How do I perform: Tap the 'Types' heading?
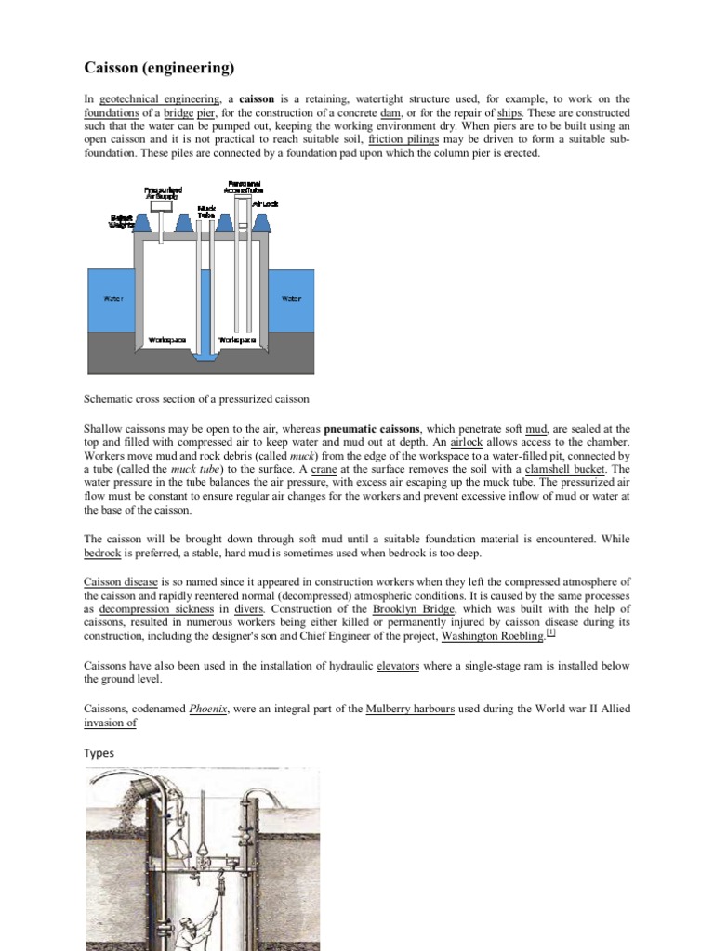(x=99, y=752)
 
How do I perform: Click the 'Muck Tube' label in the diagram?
(x=206, y=211)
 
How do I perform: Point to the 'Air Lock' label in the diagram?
(x=265, y=204)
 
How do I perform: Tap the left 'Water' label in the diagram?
(x=112, y=299)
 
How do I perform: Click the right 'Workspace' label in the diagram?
(x=236, y=340)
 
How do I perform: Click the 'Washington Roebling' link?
(x=493, y=636)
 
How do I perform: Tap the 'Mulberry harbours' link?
(x=410, y=709)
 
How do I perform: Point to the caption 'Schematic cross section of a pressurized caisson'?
(x=196, y=398)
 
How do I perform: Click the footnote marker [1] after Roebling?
(x=550, y=633)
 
